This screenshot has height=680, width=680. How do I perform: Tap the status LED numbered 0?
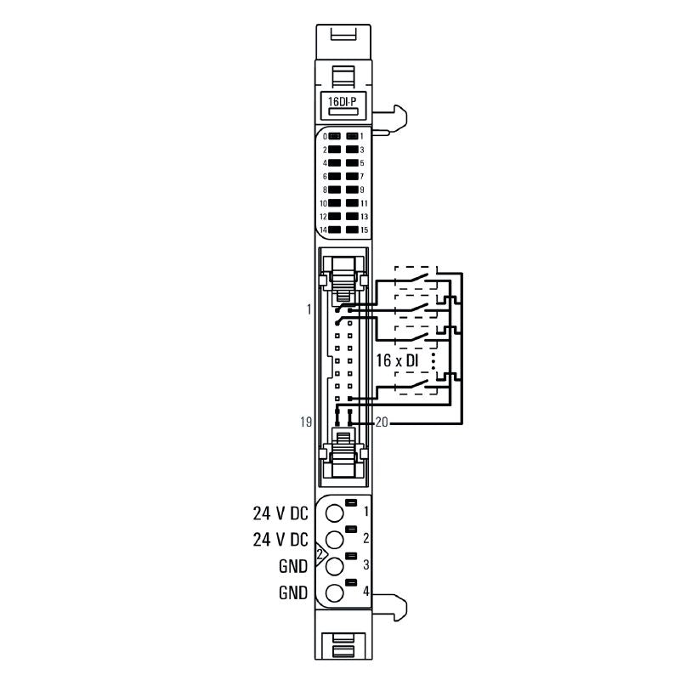point(334,136)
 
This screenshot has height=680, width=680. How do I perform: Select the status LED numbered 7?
point(351,176)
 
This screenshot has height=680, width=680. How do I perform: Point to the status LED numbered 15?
point(351,229)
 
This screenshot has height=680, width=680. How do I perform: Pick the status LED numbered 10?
point(334,203)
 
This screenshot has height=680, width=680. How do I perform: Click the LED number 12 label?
point(323,217)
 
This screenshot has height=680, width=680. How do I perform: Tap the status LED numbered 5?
point(351,162)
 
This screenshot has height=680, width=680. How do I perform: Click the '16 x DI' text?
point(399,361)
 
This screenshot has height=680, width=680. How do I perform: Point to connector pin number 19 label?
point(307,421)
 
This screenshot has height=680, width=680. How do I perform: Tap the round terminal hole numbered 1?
point(334,513)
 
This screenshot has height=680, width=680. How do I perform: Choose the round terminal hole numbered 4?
point(334,592)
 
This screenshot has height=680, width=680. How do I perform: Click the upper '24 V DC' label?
point(280,513)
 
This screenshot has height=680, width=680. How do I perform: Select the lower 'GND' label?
point(292,593)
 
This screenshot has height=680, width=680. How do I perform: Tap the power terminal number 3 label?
point(365,564)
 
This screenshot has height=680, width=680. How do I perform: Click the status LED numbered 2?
point(334,150)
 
